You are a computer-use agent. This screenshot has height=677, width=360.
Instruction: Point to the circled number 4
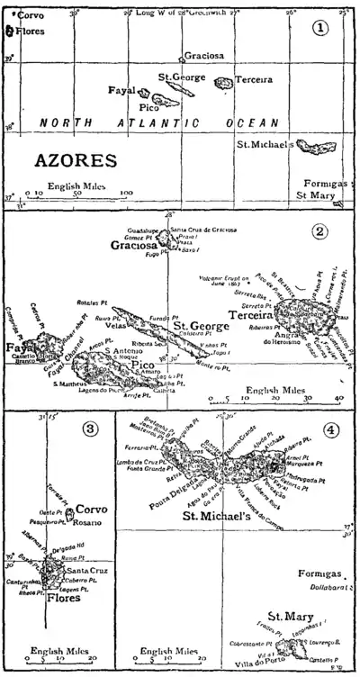pyautogui.click(x=332, y=429)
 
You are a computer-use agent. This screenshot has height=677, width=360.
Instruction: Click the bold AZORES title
pyautogui.click(x=75, y=162)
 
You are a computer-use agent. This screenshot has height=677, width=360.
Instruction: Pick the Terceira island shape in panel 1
pyautogui.click(x=224, y=83)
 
